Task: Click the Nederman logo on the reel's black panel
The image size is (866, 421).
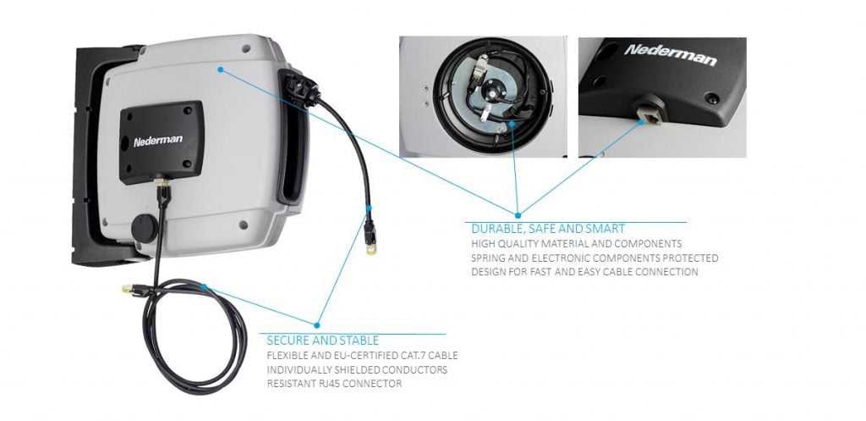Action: click(158, 141)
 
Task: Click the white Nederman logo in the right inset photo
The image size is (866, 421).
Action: click(671, 55)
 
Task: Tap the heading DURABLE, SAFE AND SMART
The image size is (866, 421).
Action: click(548, 229)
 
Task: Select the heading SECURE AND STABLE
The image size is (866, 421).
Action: click(322, 341)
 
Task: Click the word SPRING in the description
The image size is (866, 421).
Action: click(486, 258)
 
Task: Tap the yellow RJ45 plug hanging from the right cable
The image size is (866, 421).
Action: click(371, 247)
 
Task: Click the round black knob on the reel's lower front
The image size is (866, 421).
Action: click(145, 228)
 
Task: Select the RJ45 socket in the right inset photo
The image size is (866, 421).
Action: click(644, 113)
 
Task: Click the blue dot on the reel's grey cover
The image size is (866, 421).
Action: click(221, 69)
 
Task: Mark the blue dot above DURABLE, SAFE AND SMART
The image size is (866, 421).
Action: click(518, 215)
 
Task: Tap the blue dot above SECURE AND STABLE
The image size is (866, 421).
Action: click(316, 325)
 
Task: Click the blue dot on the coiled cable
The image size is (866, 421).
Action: click(204, 286)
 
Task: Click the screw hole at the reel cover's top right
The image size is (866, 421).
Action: click(246, 48)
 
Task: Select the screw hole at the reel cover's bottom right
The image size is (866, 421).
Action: click(243, 224)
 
